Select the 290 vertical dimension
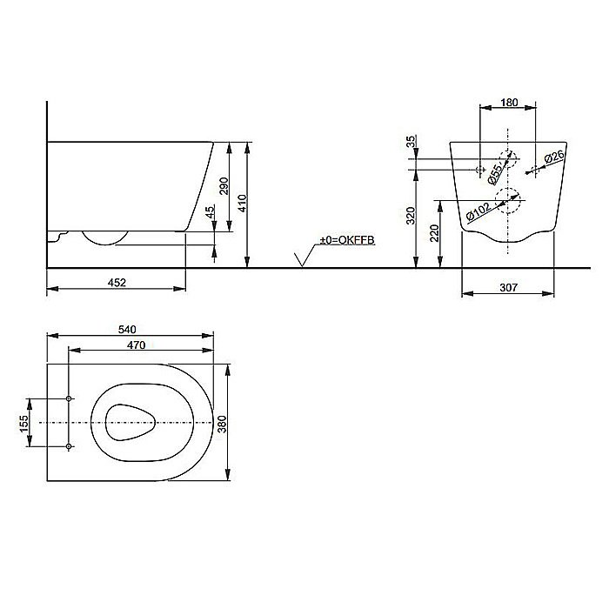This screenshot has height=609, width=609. click(x=225, y=186)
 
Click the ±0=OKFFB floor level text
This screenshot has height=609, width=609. click(x=345, y=238)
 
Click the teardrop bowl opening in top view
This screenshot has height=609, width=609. click(x=129, y=422)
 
